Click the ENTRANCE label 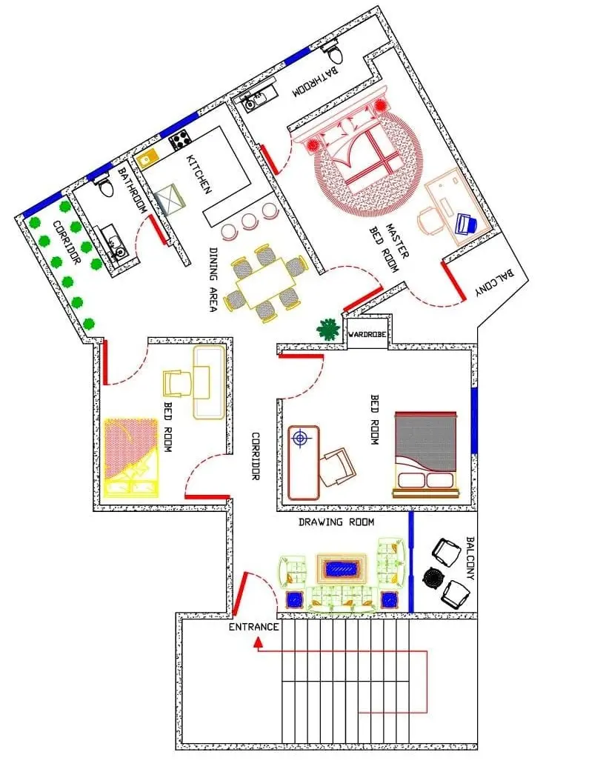(x=253, y=627)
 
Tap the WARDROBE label (x=367, y=334)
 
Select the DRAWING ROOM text (x=336, y=522)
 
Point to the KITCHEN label (x=199, y=174)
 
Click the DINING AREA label (x=213, y=279)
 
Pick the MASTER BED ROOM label (x=390, y=247)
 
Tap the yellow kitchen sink (x=147, y=159)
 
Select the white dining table (x=266, y=283)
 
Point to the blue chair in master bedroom (x=465, y=224)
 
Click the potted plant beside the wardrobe (x=328, y=328)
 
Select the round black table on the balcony (x=434, y=578)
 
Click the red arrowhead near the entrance (x=257, y=642)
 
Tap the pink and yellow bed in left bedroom (x=131, y=457)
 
